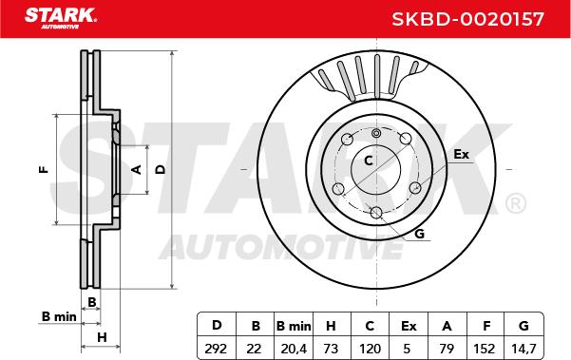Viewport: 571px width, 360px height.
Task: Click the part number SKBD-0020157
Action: [x=468, y=19]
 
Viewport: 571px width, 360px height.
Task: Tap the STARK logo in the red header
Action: [x=61, y=18]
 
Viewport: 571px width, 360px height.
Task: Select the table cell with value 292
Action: [x=216, y=349]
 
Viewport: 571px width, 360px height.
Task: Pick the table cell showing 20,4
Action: [x=294, y=349]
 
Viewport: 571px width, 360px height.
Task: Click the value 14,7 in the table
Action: [x=523, y=349]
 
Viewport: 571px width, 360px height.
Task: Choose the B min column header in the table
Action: [x=294, y=326]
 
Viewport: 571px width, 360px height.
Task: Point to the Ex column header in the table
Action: [x=409, y=326]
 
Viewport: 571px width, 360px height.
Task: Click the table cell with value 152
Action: [x=485, y=349]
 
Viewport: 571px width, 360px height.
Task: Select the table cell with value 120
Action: [x=370, y=349]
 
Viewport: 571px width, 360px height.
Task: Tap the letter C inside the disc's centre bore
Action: [x=369, y=161]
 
